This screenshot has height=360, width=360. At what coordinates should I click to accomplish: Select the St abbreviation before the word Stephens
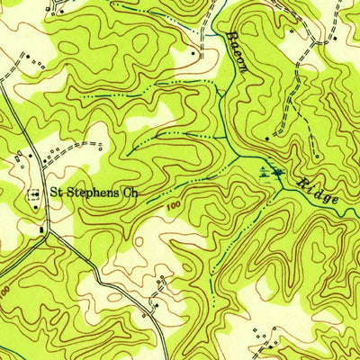[x=56, y=192]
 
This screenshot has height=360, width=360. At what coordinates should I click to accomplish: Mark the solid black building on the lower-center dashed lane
[x=154, y=305]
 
